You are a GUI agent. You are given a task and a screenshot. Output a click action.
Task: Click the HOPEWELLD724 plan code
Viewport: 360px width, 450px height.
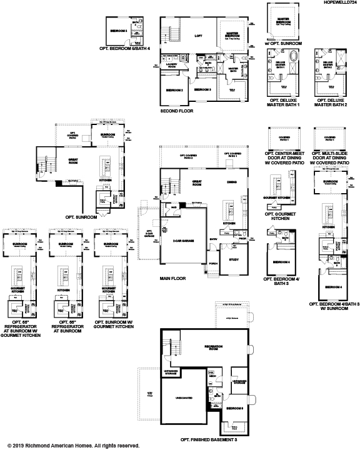337,4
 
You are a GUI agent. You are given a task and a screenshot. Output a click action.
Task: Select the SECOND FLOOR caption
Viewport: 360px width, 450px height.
177,111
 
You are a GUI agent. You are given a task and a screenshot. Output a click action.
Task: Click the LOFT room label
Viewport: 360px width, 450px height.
199,36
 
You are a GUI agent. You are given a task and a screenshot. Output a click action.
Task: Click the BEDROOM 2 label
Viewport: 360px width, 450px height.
174,89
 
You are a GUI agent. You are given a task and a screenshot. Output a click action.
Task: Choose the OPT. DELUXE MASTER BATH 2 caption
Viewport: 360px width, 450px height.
331,102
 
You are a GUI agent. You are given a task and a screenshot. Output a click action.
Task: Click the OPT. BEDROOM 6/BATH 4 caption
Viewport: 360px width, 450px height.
125,48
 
